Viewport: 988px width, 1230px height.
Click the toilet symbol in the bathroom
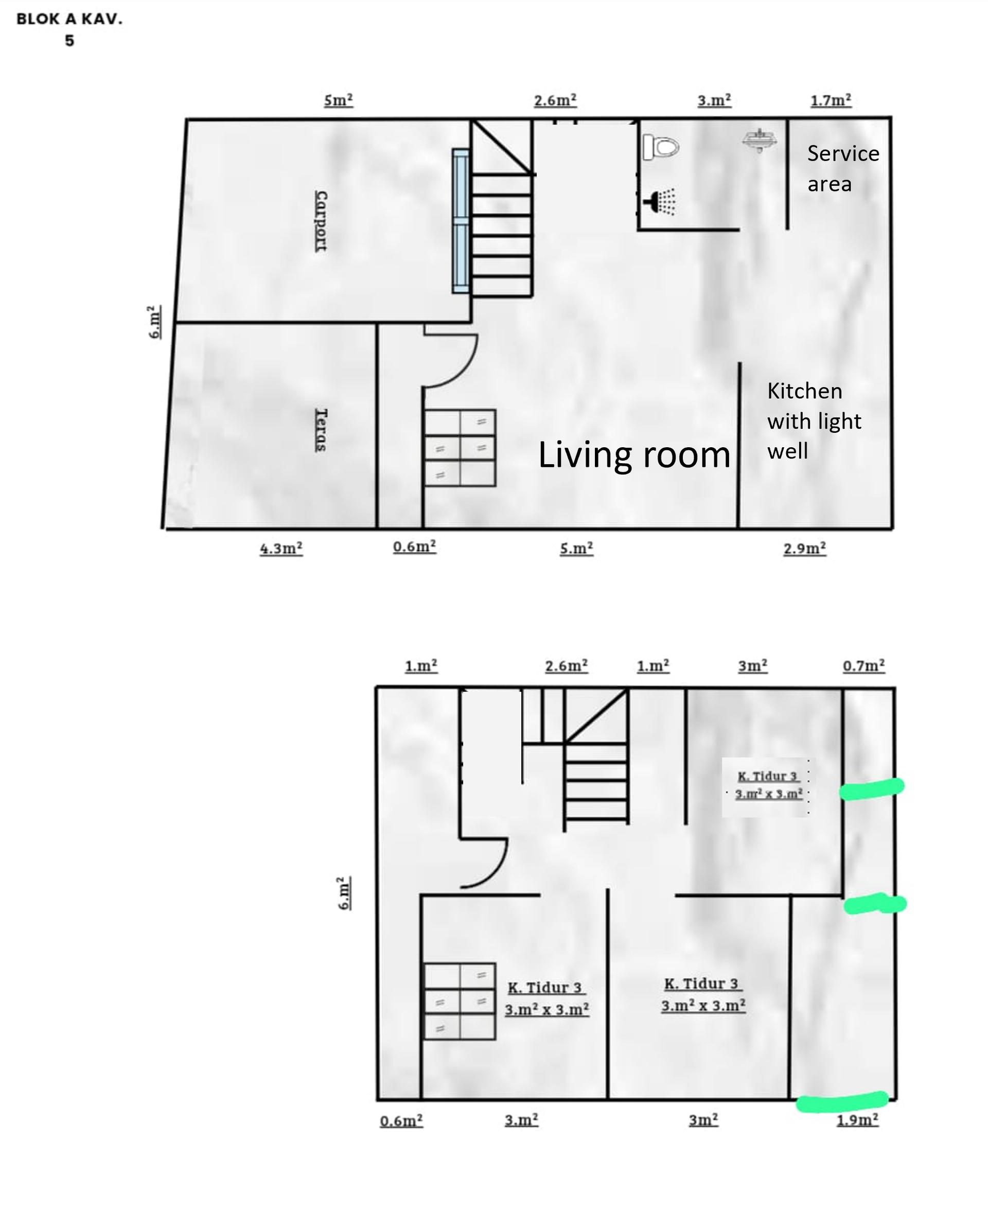pos(661,147)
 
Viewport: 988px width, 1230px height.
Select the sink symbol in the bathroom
pos(759,140)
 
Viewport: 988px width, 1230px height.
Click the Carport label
pos(321,221)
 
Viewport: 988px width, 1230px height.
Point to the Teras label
pos(321,430)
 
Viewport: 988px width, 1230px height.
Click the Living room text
pos(634,455)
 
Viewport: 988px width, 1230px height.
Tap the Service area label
pos(843,168)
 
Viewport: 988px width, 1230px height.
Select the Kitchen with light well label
pos(814,421)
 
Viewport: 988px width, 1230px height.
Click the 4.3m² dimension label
pos(281,548)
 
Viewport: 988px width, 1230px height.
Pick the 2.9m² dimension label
pos(804,548)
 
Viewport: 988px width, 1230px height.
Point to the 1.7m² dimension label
pos(831,100)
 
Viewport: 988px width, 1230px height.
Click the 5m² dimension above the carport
pos(338,100)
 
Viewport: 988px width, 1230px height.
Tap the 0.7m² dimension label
pos(863,666)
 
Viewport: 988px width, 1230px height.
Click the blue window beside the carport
pos(461,221)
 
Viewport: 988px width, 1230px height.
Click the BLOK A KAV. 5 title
pos(69,30)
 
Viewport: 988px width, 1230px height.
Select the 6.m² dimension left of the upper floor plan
pos(344,893)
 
